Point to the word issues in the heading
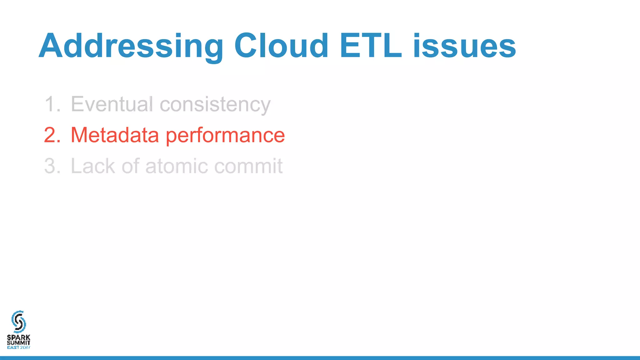(x=464, y=46)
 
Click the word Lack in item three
(x=93, y=166)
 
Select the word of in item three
(x=130, y=166)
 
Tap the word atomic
(x=177, y=166)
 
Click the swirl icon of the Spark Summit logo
(x=18, y=322)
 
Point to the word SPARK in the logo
(x=19, y=337)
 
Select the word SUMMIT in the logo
(x=19, y=342)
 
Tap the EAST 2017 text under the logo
(x=19, y=347)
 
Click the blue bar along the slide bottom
(x=320, y=358)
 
